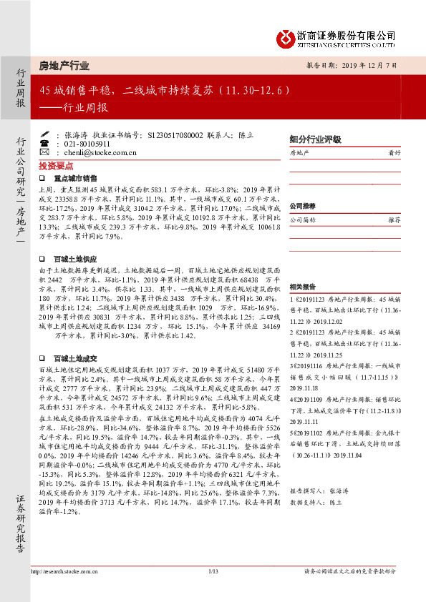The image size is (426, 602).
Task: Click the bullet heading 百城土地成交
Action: (75, 357)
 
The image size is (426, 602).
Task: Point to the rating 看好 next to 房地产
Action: (394, 153)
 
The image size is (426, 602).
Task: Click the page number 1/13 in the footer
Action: (213, 591)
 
